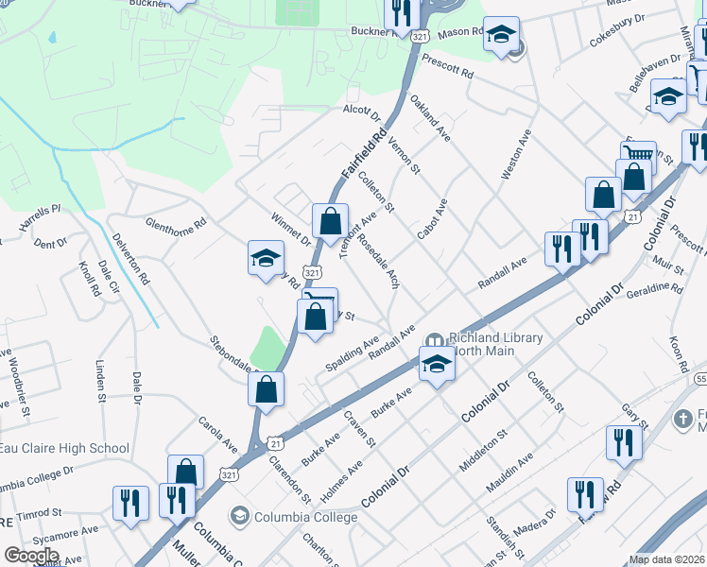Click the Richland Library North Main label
[495, 345]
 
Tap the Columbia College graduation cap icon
[239, 517]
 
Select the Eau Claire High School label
[64, 448]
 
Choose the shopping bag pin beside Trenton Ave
[330, 223]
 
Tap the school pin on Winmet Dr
[266, 259]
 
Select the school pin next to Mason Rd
[501, 36]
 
